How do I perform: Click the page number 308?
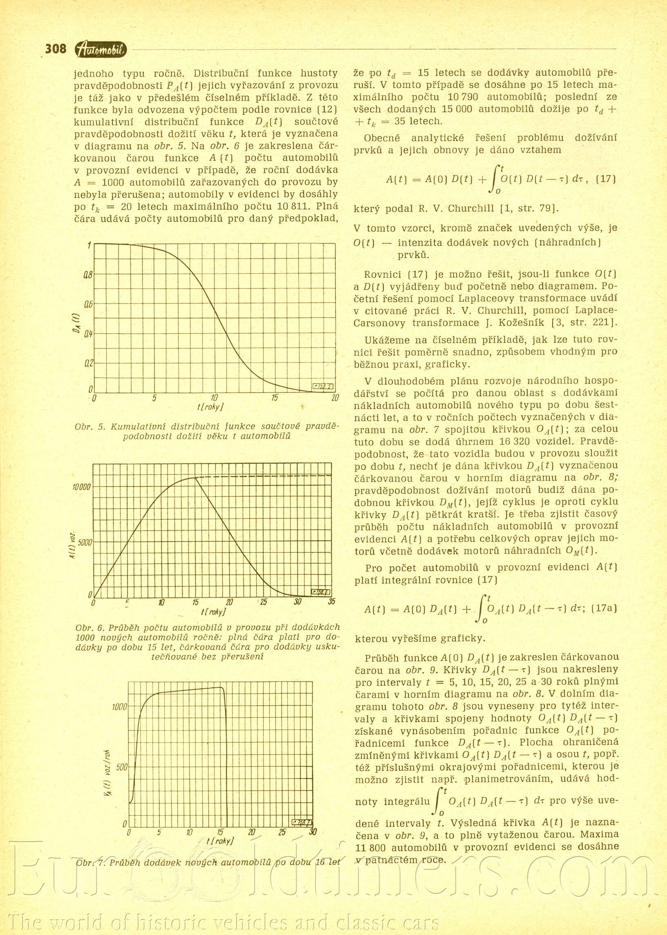56,49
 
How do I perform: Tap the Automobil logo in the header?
101,50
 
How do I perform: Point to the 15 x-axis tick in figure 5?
275,398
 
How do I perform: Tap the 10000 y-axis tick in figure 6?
82,487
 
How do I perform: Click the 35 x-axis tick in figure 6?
331,602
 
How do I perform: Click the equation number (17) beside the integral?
606,179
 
